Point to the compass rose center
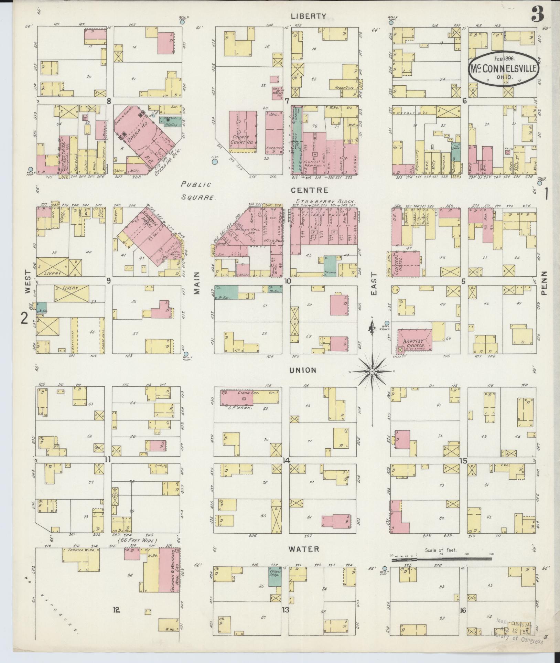[372, 372]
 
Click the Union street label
[303, 370]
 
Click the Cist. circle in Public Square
[215, 161]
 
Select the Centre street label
[310, 190]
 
